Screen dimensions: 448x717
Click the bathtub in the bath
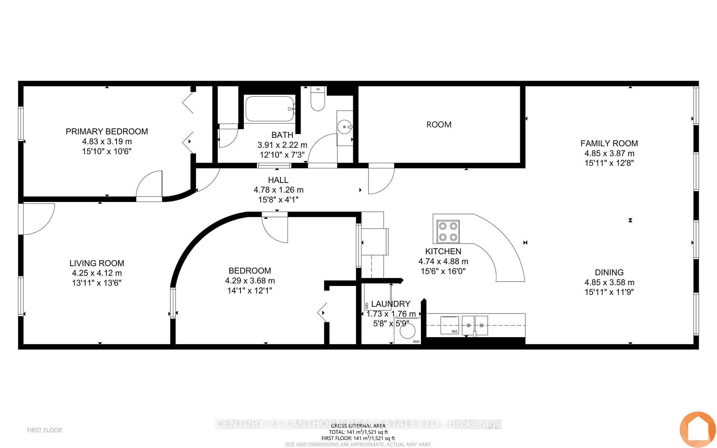270,109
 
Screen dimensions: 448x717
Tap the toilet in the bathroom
318,100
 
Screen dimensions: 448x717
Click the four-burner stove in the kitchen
448,231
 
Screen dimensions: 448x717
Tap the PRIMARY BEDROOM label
107,131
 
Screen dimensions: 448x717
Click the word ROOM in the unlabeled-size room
439,125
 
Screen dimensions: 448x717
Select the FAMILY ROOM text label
609,143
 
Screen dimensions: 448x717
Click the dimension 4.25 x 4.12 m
97,273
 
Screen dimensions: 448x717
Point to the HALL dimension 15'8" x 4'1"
278,200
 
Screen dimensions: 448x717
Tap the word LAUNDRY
391,304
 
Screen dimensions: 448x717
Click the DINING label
609,273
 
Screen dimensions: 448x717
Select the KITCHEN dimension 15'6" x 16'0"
443,271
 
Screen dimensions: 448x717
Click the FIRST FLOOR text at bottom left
44,430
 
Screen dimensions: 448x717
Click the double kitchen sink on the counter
475,325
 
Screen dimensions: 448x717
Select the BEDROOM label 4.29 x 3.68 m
250,280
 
